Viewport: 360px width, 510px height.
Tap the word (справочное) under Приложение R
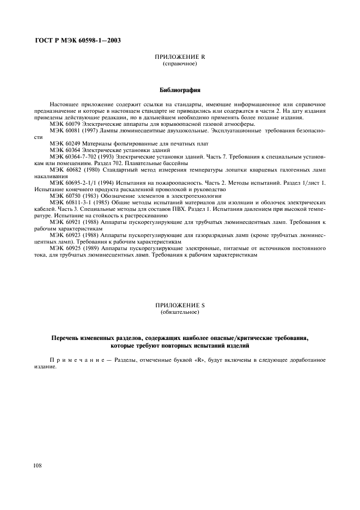coord(180,64)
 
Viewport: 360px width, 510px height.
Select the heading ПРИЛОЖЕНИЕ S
coord(180,307)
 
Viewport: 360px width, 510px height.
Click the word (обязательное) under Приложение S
coord(180,313)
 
